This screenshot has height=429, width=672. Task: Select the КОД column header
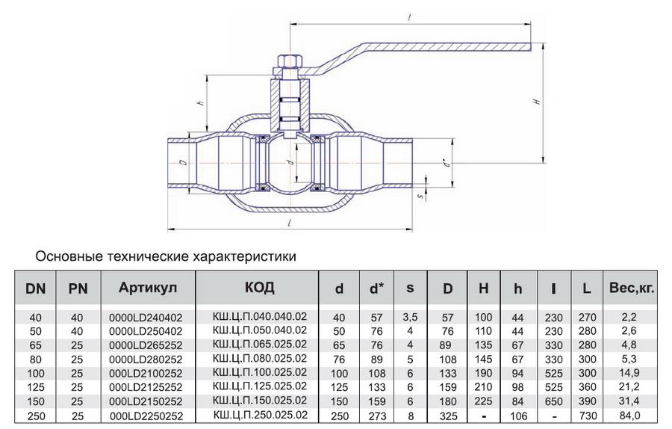[x=259, y=288]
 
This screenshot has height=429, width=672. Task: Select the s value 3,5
[x=410, y=318]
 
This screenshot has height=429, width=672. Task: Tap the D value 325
[x=447, y=414]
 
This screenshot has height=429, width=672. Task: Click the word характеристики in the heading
[x=247, y=256]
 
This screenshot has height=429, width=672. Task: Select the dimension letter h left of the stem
[x=201, y=102]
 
